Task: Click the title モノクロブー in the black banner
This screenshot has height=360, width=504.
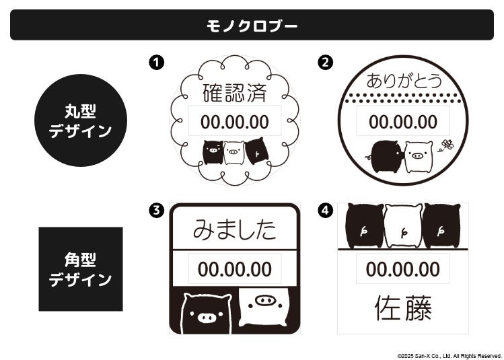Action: click(x=252, y=26)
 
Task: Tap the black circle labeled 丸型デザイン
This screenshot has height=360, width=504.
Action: click(x=81, y=120)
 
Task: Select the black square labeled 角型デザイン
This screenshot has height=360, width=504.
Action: click(x=81, y=269)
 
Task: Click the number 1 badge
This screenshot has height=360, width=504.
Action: click(x=157, y=63)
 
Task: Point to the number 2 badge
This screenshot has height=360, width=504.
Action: click(x=325, y=63)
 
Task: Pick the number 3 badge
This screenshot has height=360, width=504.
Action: click(x=157, y=211)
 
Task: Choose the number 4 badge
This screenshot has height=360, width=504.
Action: click(x=325, y=211)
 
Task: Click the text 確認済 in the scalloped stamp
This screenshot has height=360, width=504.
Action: click(x=235, y=93)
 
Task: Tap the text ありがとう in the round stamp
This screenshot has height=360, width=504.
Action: click(x=404, y=81)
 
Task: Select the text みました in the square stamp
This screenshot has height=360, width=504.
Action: click(x=235, y=229)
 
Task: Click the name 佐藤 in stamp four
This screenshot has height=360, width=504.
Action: click(x=403, y=308)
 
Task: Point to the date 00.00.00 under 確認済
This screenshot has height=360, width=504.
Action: click(x=235, y=122)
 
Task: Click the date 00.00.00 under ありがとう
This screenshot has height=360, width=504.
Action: click(x=403, y=122)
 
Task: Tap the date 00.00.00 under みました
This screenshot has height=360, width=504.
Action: click(x=235, y=269)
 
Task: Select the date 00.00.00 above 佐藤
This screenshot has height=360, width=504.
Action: click(x=403, y=269)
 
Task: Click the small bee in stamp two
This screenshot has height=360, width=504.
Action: click(x=446, y=145)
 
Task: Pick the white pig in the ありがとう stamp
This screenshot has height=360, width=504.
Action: click(x=418, y=157)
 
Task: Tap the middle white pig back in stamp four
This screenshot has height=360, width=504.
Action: click(x=403, y=225)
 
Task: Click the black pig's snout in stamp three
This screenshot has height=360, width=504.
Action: click(x=206, y=318)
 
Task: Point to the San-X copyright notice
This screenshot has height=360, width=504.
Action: click(x=449, y=356)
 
